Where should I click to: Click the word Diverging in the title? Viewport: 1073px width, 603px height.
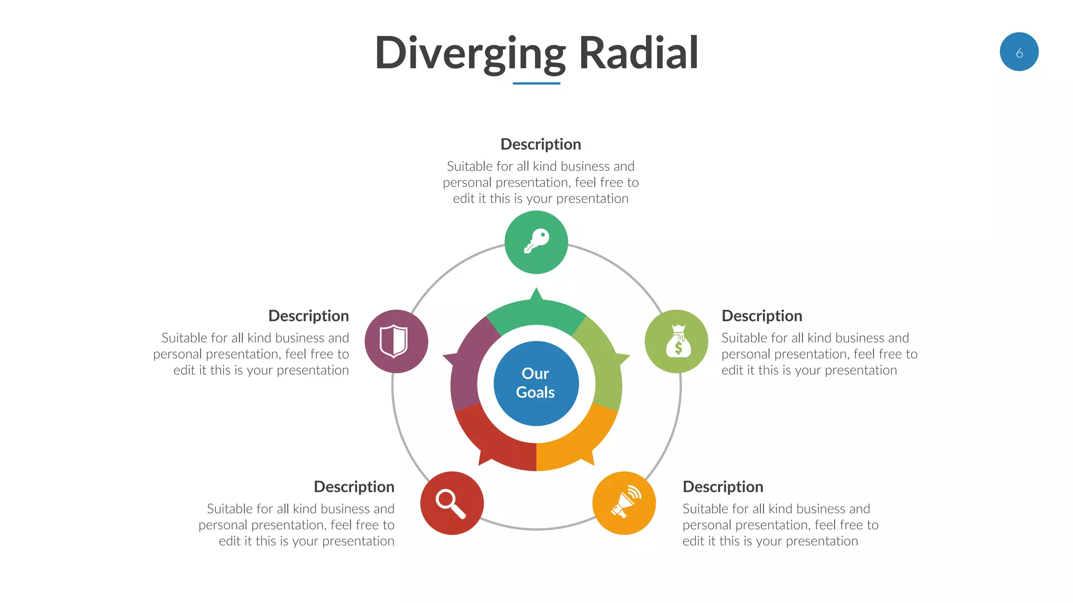[470, 53]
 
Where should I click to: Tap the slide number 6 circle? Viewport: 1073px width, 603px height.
[1019, 52]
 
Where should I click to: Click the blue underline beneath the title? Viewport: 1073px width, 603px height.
[536, 83]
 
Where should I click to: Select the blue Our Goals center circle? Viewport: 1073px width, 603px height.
[536, 383]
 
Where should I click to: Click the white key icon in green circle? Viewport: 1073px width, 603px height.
[536, 242]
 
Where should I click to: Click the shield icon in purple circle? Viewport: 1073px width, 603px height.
[394, 341]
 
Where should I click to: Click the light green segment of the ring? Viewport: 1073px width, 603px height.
[603, 361]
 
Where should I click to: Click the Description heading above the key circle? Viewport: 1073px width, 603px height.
[540, 144]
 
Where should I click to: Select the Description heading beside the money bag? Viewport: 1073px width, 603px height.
[761, 316]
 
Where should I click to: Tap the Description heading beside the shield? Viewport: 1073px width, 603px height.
[308, 316]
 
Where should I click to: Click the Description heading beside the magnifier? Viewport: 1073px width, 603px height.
[354, 486]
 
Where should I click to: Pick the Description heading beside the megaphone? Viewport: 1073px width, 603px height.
[722, 486]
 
